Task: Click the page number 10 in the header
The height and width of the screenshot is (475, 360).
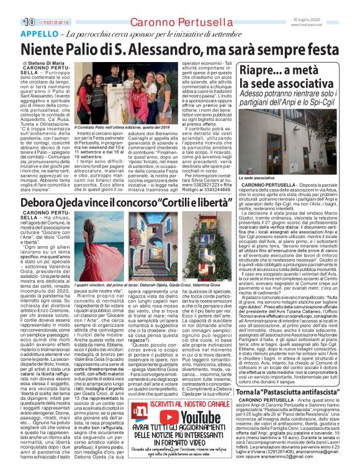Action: pyautogui.click(x=28, y=21)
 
